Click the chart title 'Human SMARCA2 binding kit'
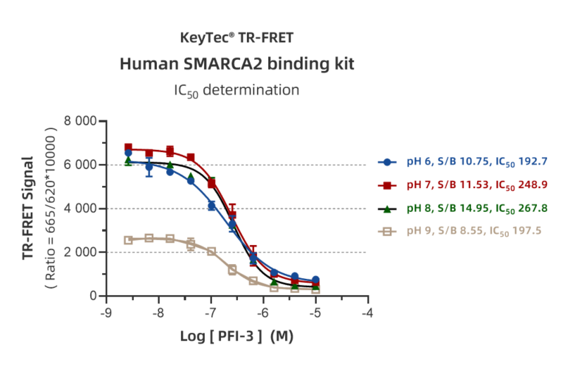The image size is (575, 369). tap(237, 64)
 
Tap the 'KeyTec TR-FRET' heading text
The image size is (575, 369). tap(237, 38)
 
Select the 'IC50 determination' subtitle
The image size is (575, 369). tap(237, 90)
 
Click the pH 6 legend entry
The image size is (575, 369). tap(462, 162)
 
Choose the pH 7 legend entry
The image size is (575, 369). tap(462, 185)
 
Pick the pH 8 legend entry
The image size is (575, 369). tap(462, 208)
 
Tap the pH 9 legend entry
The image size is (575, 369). tap(460, 231)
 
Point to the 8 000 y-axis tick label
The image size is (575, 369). tap(80, 120)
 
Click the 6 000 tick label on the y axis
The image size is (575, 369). tap(80, 165)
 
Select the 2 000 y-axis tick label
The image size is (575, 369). tap(80, 252)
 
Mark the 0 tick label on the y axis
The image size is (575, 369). tap(93, 296)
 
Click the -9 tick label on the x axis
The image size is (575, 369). tap(106, 313)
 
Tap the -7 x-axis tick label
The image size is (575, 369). tap(211, 313)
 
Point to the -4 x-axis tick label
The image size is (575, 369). tap(368, 313)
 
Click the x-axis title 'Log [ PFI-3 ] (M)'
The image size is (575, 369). tap(237, 337)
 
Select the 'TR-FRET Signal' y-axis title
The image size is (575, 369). tap(28, 208)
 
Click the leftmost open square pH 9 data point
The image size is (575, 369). tap(128, 240)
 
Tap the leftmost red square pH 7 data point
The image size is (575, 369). tap(128, 147)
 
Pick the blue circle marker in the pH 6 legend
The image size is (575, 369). tap(387, 162)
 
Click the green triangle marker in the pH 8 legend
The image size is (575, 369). tap(387, 209)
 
